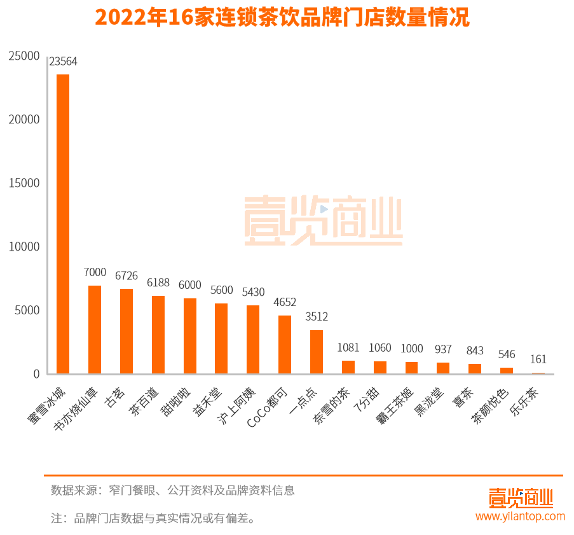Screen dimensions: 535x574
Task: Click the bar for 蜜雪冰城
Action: pos(63,224)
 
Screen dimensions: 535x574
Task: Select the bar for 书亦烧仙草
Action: pos(95,330)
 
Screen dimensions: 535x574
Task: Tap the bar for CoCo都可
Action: pos(285,344)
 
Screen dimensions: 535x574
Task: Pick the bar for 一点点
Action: pos(317,352)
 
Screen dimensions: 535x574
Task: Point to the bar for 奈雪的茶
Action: pos(348,367)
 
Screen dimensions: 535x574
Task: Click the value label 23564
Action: pos(63,62)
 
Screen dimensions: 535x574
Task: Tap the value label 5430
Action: pos(253,292)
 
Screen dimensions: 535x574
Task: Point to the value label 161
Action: pos(538,359)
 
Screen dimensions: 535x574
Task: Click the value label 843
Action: pos(475,351)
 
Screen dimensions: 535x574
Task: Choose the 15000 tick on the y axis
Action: pos(24,183)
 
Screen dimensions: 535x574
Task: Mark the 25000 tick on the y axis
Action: pos(24,56)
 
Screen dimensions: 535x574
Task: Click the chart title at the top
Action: pos(282,18)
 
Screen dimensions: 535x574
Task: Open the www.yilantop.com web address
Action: pos(520,517)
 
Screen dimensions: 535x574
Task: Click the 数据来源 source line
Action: pos(173,490)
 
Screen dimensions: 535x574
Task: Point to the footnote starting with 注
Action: pos(153,518)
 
